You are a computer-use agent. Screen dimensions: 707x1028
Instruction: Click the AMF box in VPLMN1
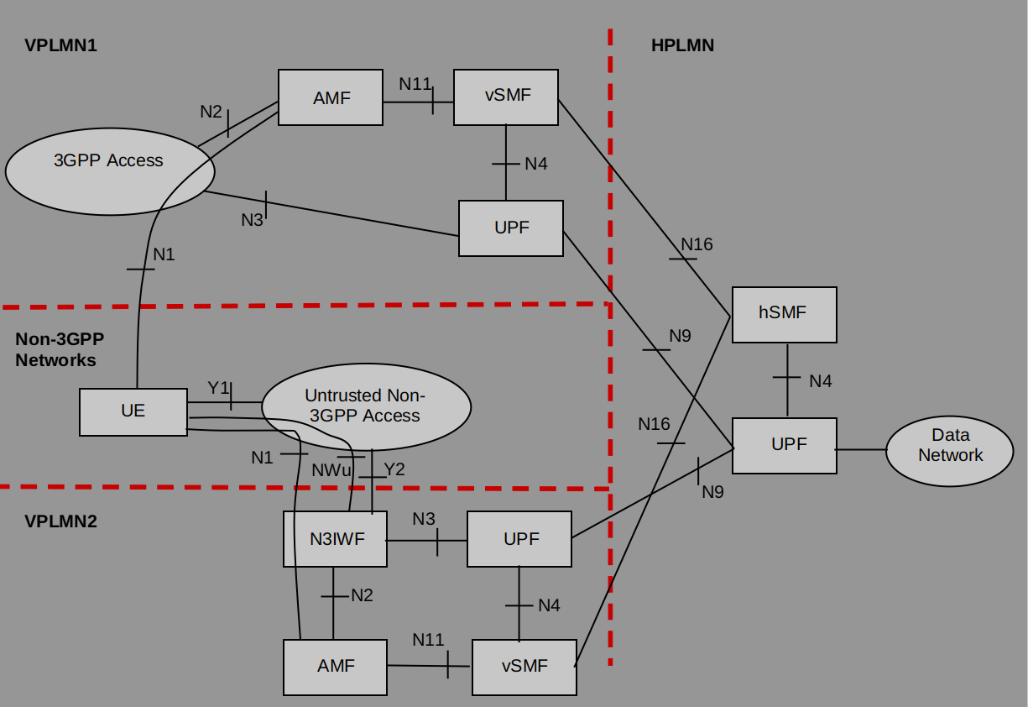click(x=331, y=97)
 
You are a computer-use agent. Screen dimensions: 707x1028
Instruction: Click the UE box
click(x=133, y=411)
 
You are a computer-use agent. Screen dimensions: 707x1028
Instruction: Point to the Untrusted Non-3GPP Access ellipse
click(x=366, y=406)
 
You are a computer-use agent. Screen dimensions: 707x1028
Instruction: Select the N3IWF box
click(x=335, y=539)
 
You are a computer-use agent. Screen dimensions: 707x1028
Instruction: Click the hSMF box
click(x=784, y=314)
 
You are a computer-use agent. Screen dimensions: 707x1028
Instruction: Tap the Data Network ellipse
click(x=949, y=446)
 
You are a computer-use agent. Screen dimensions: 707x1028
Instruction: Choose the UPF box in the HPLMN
click(x=784, y=445)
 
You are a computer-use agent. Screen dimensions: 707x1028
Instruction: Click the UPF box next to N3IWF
click(x=519, y=539)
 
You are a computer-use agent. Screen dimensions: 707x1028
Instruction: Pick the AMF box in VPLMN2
click(x=335, y=667)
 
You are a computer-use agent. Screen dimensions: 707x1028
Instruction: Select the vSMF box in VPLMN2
click(x=524, y=667)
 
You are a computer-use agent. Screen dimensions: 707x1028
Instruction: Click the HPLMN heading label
click(x=682, y=45)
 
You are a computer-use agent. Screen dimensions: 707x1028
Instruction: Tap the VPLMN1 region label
click(x=60, y=45)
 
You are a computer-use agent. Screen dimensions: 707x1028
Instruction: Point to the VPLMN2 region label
click(x=60, y=521)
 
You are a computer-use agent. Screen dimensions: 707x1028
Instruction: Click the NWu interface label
click(x=331, y=470)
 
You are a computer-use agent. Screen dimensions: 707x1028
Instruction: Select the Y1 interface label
click(x=219, y=387)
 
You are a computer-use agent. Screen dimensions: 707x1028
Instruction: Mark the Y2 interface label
click(x=394, y=469)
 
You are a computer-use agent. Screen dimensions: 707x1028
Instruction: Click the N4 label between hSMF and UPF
click(x=820, y=381)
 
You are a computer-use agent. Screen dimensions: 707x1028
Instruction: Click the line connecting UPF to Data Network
click(x=861, y=449)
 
